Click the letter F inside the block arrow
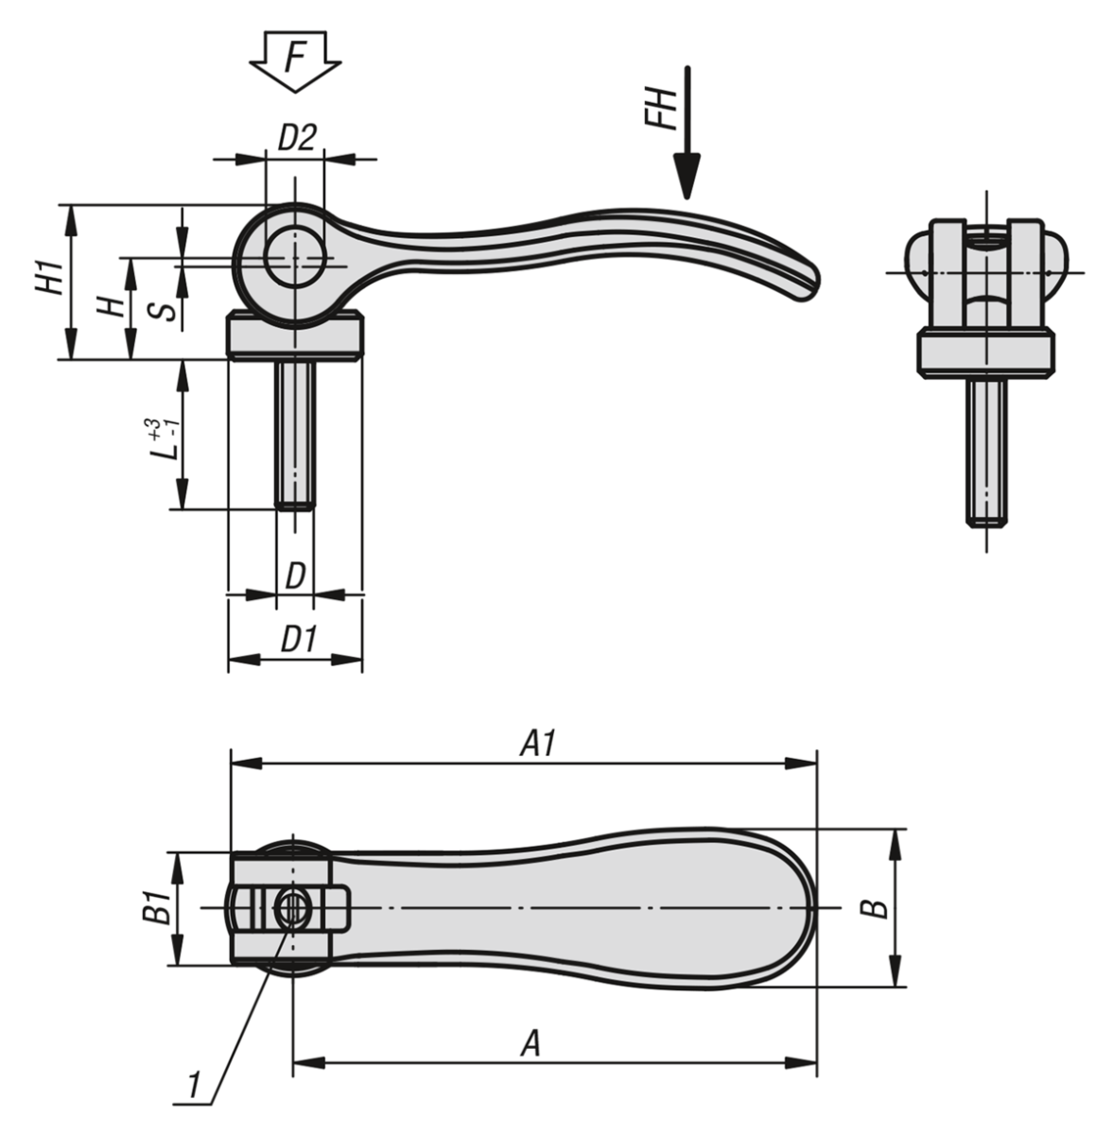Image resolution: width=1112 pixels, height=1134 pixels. tap(295, 59)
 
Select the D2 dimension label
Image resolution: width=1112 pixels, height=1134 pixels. tap(295, 138)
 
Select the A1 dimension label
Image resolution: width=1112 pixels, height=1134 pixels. tap(536, 744)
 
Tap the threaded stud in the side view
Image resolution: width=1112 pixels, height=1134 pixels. tap(295, 435)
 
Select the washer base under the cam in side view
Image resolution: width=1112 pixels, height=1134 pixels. tap(295, 337)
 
